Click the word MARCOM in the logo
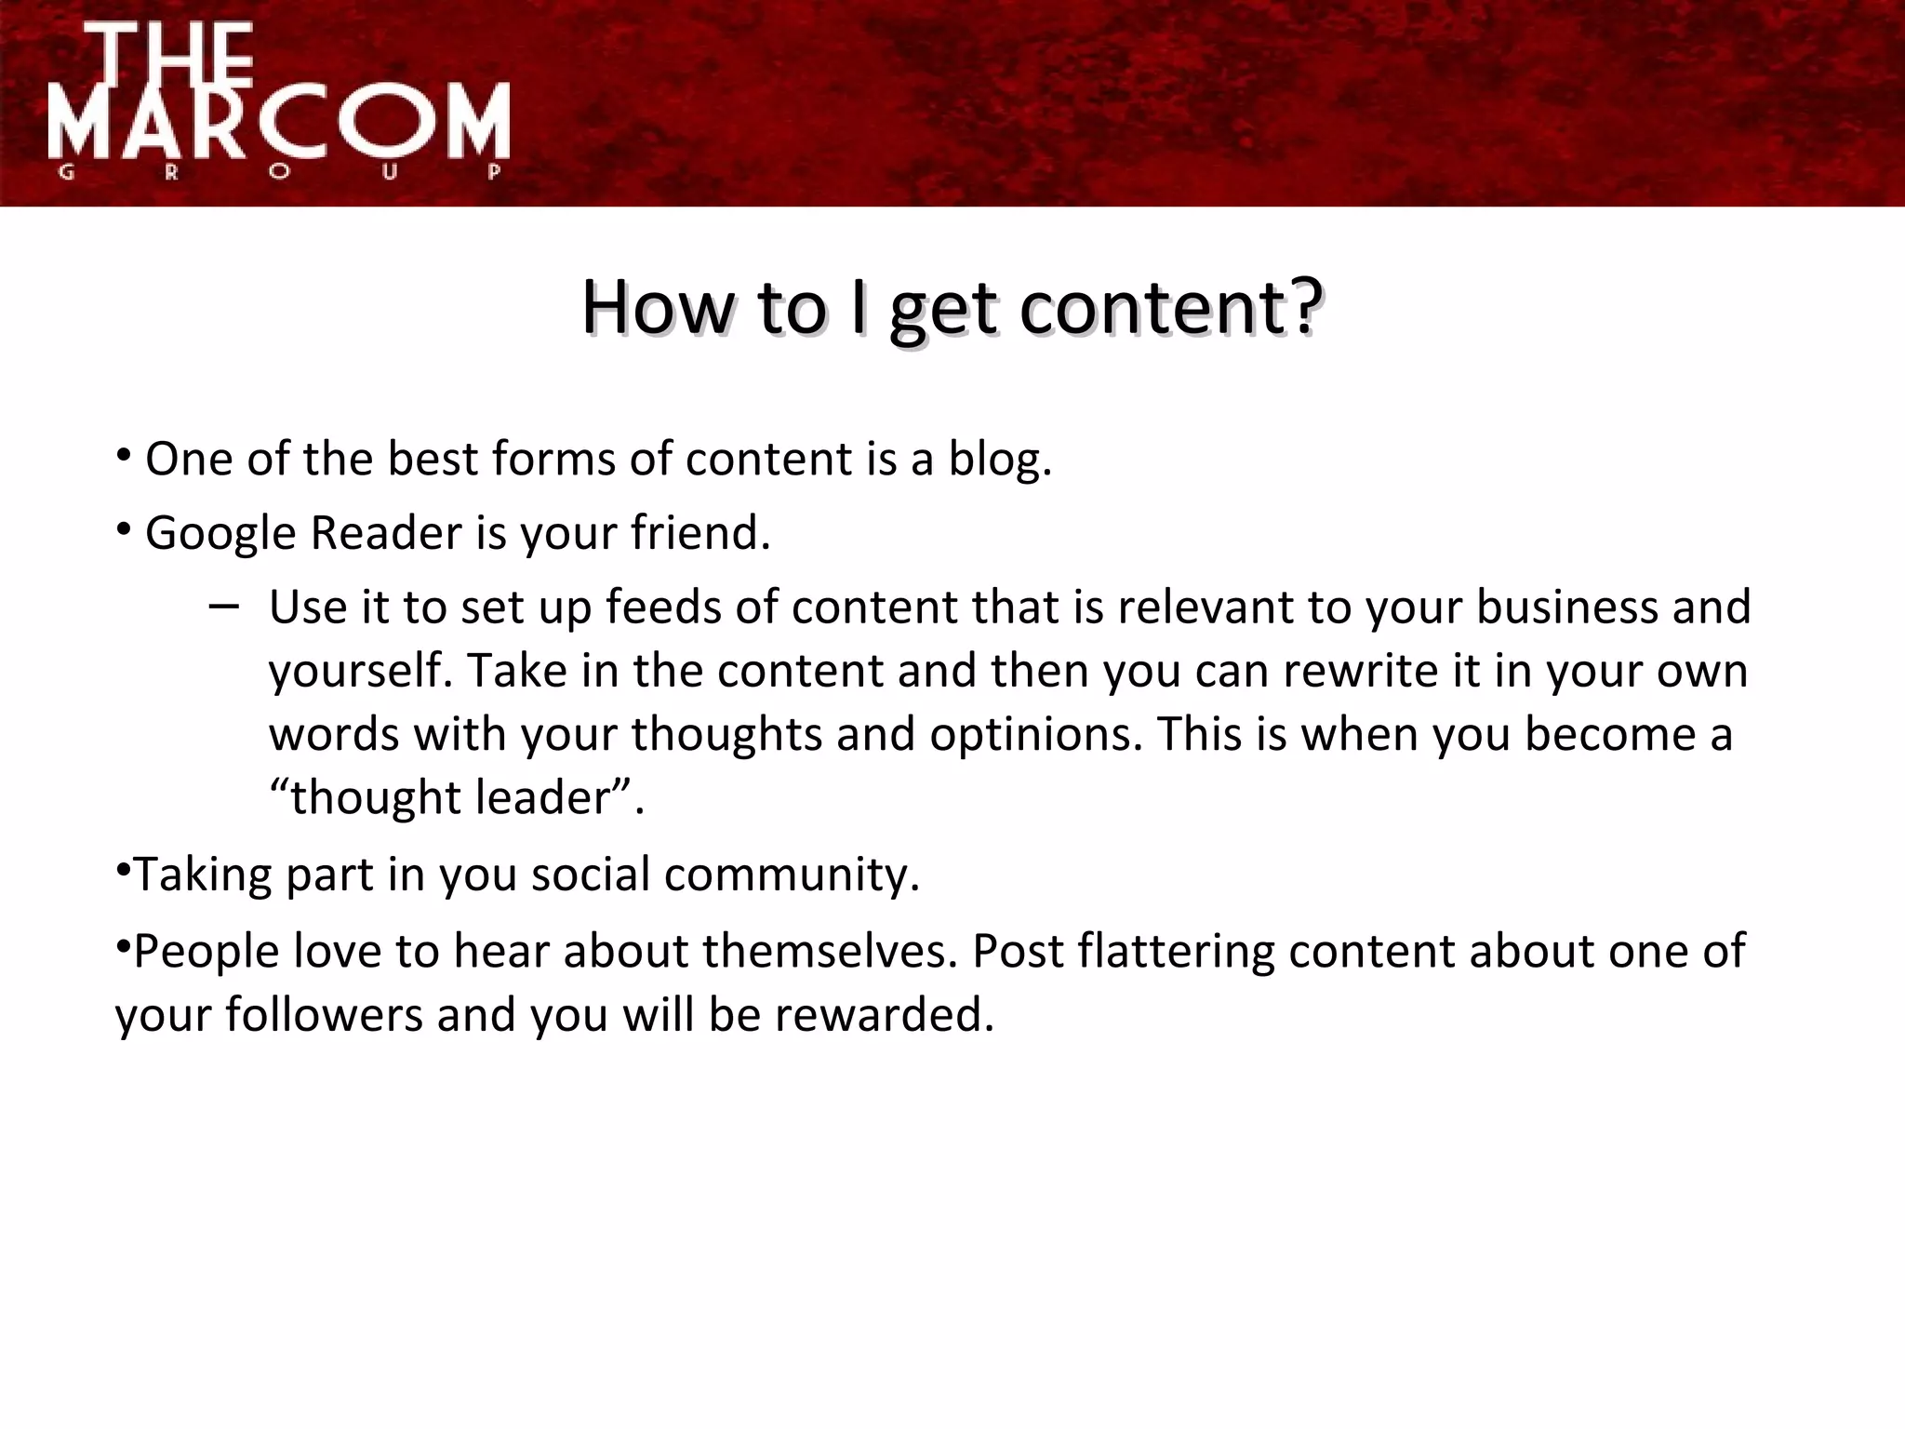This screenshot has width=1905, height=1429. click(279, 121)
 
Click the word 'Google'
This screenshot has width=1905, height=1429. click(220, 534)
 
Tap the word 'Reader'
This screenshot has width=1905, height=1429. click(386, 534)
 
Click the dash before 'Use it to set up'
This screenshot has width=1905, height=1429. click(223, 608)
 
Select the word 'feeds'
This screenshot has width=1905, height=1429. click(662, 608)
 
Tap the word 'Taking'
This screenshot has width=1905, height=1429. click(203, 875)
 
